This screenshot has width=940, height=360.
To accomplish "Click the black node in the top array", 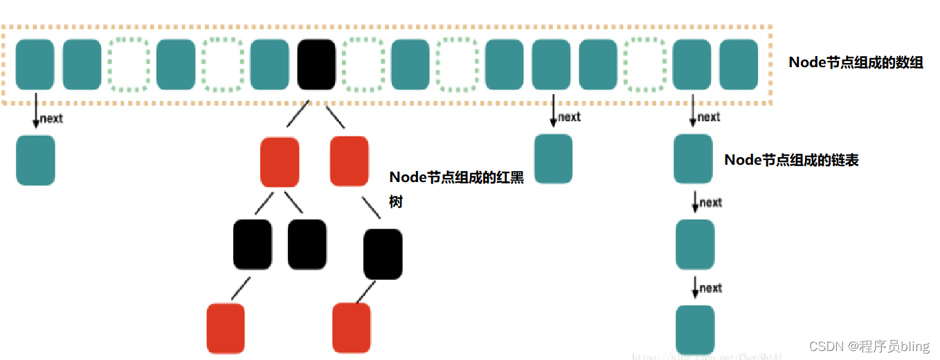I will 316,64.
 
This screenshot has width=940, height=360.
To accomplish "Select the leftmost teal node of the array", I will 35,64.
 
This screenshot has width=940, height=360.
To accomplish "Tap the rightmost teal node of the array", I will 739,64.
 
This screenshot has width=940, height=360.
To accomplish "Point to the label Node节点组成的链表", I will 791,160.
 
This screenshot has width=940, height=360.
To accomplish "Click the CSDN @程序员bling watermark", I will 869,346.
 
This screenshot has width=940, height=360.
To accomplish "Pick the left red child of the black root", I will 280,162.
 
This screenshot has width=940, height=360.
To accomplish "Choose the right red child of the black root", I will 349,161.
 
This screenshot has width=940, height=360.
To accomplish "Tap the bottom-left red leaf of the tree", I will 226,328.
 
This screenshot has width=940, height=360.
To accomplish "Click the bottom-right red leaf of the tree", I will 352,328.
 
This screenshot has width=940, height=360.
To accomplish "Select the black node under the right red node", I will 383,254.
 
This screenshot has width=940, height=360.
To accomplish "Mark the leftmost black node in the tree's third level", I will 253,244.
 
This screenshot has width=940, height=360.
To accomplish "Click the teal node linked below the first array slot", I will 35,160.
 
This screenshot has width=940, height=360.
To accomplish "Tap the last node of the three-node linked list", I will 695,330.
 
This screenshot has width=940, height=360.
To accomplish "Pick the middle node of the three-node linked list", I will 695,244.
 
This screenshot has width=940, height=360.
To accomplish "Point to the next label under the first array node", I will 51,118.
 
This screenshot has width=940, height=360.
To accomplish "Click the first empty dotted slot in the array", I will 129,64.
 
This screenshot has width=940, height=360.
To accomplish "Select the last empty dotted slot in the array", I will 644,64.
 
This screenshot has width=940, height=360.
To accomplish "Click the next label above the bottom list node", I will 710,288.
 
